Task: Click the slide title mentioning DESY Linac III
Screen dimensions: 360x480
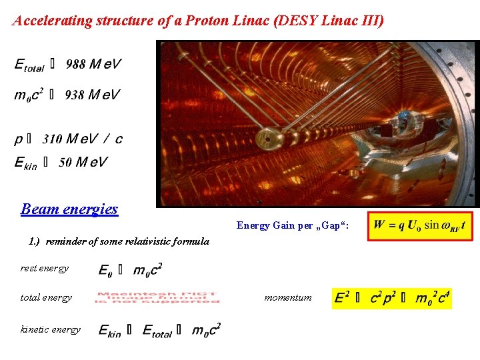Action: point(198,21)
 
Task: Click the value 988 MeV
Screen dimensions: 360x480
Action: point(93,65)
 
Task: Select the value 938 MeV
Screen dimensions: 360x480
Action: point(93,95)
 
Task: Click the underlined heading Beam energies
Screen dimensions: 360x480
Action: point(69,209)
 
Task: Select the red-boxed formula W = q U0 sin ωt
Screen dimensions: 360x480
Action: point(420,225)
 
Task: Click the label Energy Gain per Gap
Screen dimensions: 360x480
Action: point(292,226)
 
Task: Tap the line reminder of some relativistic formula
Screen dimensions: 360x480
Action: point(119,241)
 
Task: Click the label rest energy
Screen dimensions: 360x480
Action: point(45,269)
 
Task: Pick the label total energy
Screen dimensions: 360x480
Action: point(46,298)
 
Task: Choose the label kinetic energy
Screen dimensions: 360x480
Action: point(51,329)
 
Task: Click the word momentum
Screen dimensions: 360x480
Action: point(288,298)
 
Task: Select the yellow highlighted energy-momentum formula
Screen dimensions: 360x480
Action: point(392,298)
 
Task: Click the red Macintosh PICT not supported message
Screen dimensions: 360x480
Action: point(157,298)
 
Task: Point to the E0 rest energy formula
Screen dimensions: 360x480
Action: point(131,269)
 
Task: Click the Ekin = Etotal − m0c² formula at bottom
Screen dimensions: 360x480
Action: point(159,329)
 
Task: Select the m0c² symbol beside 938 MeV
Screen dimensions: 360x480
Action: point(29,95)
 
